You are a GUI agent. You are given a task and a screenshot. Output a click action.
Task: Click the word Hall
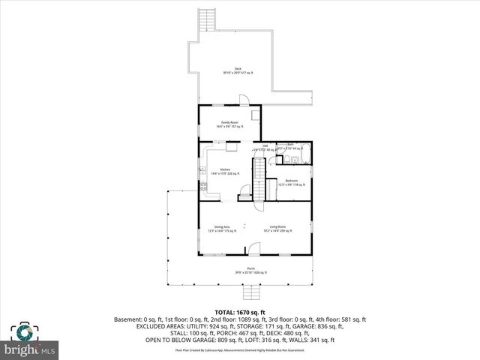pos(265,145)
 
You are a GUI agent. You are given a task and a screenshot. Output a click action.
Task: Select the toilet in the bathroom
pos(295,159)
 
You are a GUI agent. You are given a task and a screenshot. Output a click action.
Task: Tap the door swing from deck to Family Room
pos(243,100)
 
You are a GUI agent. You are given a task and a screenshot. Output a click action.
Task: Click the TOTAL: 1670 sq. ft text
pos(240,311)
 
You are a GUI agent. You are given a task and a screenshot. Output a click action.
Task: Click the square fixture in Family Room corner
pos(256,115)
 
